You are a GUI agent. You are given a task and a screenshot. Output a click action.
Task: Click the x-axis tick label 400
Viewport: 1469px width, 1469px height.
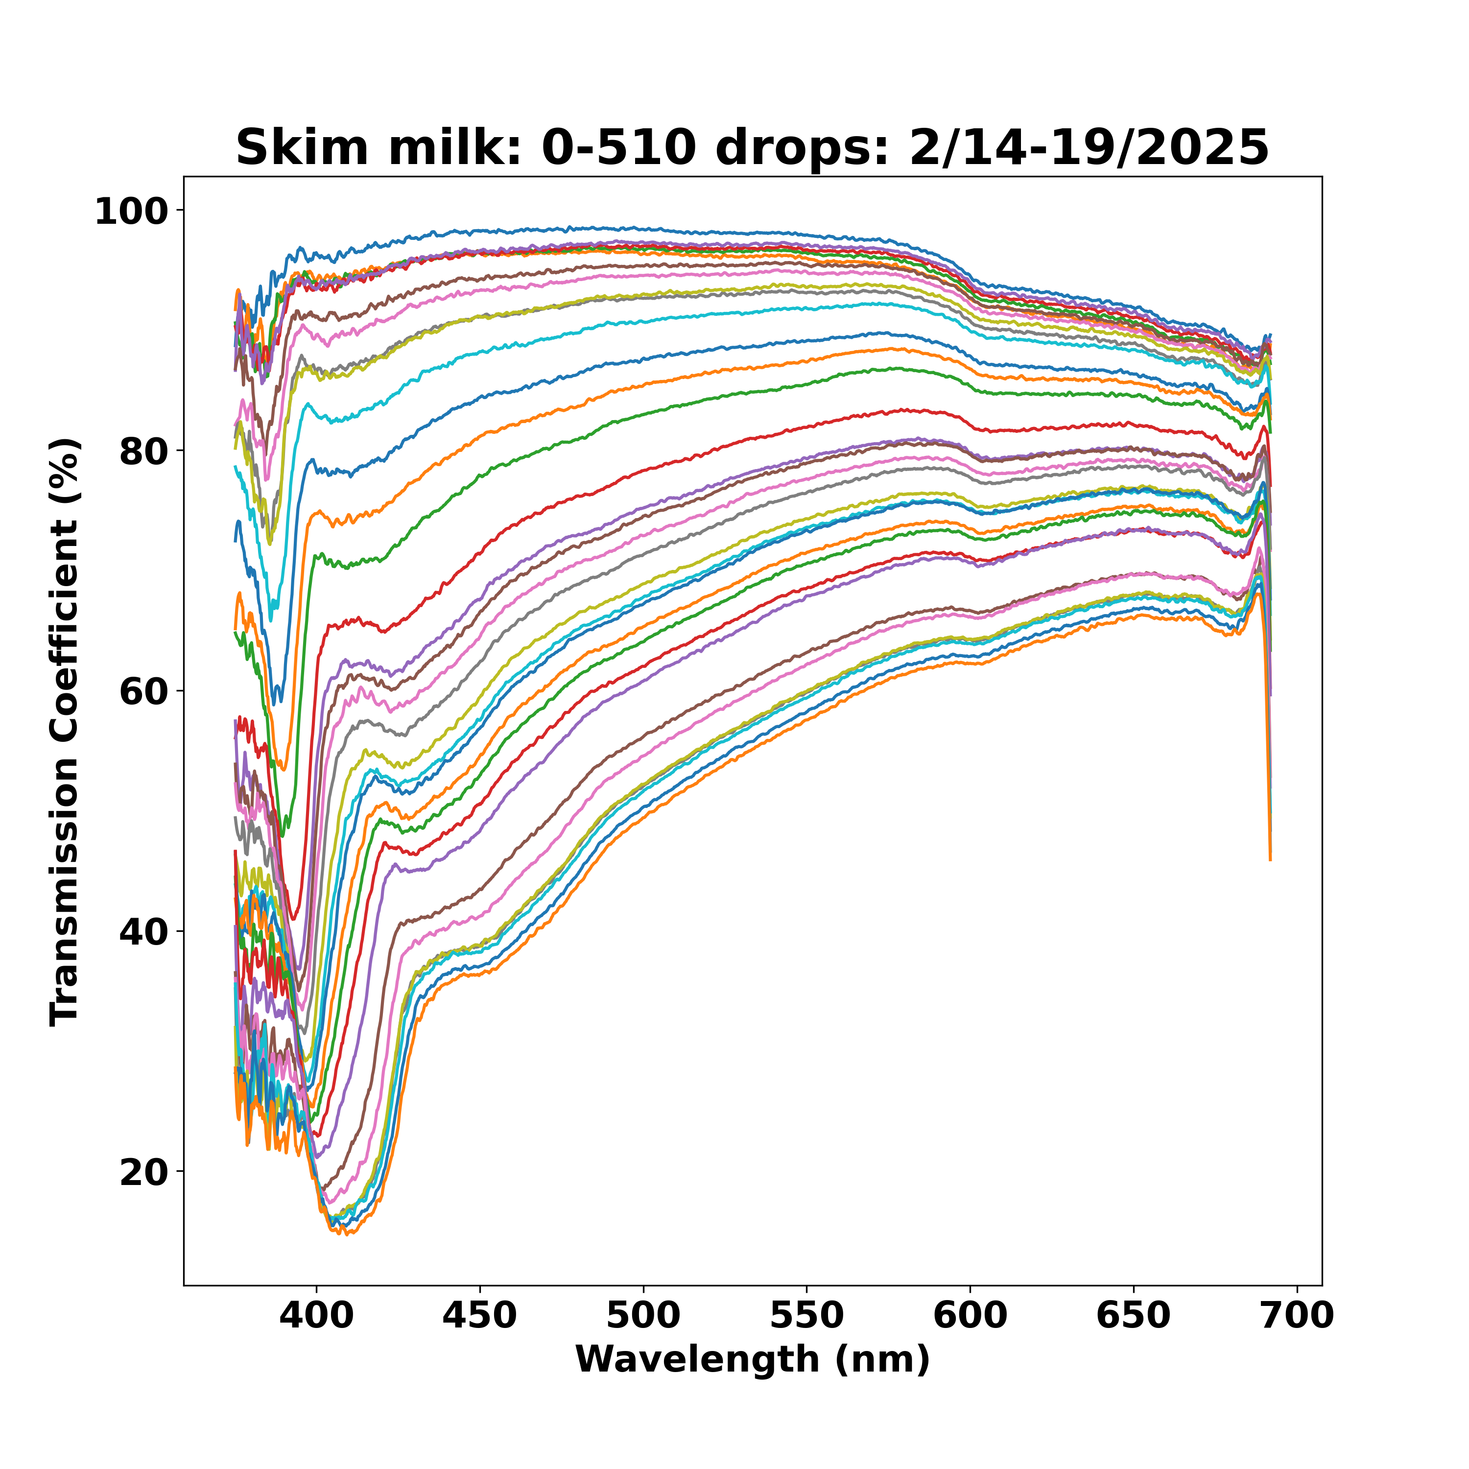[x=316, y=1315]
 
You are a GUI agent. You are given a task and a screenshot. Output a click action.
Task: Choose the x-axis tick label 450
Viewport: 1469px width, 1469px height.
[x=480, y=1315]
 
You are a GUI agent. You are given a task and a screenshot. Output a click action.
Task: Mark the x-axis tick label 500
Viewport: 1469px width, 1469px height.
[x=643, y=1315]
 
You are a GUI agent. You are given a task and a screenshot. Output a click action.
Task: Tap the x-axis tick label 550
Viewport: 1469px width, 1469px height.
[x=807, y=1315]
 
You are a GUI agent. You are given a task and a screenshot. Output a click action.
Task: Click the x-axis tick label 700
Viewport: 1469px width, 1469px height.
[x=1297, y=1315]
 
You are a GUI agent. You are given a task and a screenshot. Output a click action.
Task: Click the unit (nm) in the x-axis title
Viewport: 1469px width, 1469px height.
[x=882, y=1359]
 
